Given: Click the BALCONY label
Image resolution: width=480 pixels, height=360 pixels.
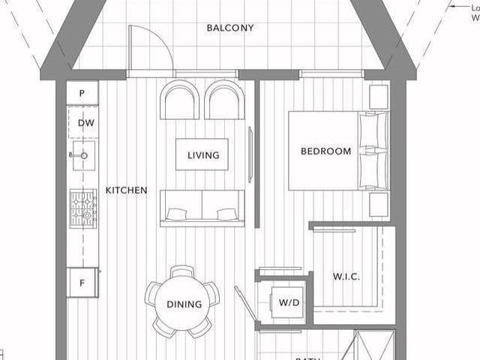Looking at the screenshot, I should pyautogui.click(x=230, y=28).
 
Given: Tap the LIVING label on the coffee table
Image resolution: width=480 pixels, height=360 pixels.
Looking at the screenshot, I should pyautogui.click(x=202, y=155).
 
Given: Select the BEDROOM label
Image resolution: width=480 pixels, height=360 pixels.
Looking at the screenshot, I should pyautogui.click(x=325, y=151).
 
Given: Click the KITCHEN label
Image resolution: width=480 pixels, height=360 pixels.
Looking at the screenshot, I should pyautogui.click(x=126, y=190).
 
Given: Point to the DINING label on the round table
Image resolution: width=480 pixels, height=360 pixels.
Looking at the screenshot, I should pyautogui.click(x=184, y=304).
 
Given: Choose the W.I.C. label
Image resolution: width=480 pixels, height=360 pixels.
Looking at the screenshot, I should pyautogui.click(x=346, y=277).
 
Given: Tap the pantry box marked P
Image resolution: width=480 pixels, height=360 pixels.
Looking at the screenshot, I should pyautogui.click(x=82, y=94).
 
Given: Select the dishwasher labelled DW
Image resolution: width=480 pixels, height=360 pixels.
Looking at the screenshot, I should pyautogui.click(x=84, y=123).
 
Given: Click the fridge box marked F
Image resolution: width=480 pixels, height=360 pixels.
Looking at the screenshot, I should pyautogui.click(x=82, y=283).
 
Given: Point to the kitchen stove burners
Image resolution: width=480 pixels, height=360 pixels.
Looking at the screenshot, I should pyautogui.click(x=83, y=208).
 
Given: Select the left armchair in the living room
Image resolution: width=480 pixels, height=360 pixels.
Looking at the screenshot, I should pyautogui.click(x=180, y=100).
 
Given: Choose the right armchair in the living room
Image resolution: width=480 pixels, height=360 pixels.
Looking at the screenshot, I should pyautogui.click(x=224, y=100).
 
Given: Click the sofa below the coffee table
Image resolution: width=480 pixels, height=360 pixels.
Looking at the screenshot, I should pyautogui.click(x=202, y=208).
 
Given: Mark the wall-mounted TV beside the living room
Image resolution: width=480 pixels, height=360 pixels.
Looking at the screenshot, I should pyautogui.click(x=250, y=154).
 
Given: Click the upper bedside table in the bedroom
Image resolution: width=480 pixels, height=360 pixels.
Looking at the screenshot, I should pyautogui.click(x=379, y=96).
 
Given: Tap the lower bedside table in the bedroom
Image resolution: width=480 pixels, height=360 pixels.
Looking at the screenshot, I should pyautogui.click(x=379, y=205).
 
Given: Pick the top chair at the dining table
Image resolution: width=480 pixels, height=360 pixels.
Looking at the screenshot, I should pyautogui.click(x=182, y=272).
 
